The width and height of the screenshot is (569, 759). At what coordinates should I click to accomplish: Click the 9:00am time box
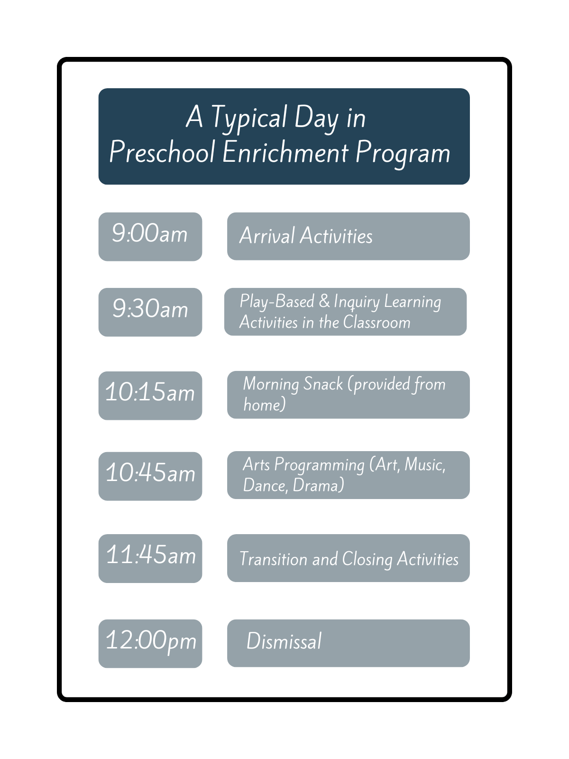coord(150,237)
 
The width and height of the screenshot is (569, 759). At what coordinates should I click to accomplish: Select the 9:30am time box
coord(150,312)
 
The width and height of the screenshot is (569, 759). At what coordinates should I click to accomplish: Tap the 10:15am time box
coord(150,396)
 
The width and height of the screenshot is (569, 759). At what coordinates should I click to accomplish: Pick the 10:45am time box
coord(150,476)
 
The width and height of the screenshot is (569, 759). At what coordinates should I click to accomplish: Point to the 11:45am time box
coord(150,558)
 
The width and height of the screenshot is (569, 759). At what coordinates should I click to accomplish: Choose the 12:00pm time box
coord(150,644)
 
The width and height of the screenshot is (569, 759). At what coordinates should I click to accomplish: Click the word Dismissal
coord(284,641)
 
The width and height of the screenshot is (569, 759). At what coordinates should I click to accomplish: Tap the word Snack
coord(323,384)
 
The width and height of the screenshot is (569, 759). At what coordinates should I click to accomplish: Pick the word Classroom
coord(376,322)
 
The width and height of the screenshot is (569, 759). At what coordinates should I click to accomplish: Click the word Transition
coord(273,559)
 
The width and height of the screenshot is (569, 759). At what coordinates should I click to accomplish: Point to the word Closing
coord(367,559)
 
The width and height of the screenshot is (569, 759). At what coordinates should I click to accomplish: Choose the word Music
coord(425,464)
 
